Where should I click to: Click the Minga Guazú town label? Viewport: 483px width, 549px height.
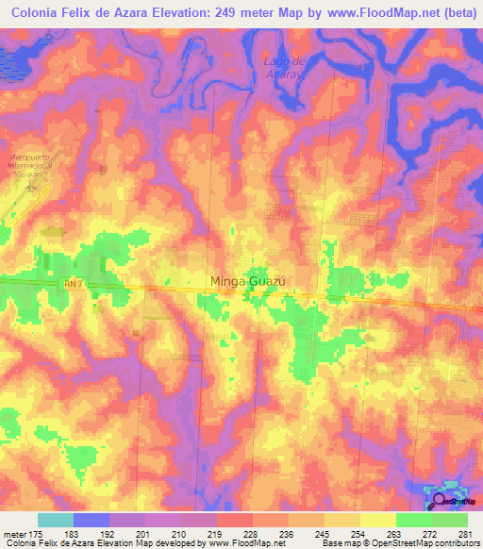click(x=246, y=280)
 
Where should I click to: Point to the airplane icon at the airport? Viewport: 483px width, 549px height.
click(x=34, y=187)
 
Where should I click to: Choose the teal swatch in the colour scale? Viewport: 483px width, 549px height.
click(x=55, y=520)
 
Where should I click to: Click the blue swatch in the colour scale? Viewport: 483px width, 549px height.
click(x=91, y=520)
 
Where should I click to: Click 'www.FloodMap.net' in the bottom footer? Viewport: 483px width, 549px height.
click(x=258, y=543)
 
